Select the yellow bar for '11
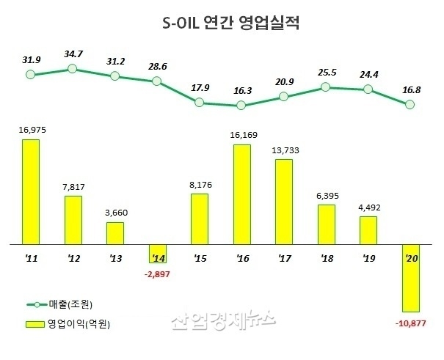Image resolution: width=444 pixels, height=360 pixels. click(30, 191)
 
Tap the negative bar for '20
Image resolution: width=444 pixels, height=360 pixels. click(411, 277)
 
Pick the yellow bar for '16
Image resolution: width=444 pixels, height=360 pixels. click(241, 194)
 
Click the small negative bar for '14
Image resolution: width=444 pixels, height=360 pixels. click(157, 252)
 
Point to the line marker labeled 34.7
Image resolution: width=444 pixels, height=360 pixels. click(72, 68)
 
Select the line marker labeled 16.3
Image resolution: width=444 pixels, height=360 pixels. click(241, 106)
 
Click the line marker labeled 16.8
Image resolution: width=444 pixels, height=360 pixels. click(411, 105)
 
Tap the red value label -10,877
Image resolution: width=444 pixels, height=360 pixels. click(412, 323)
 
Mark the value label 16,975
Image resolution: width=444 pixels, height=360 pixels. click(30, 131)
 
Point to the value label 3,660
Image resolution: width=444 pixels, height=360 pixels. click(115, 213)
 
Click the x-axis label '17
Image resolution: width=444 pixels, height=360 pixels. click(284, 259)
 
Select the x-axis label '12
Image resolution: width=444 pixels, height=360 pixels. click(73, 259)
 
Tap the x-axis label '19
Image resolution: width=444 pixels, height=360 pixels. click(368, 259)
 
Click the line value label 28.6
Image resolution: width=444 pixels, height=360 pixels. click(157, 66)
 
